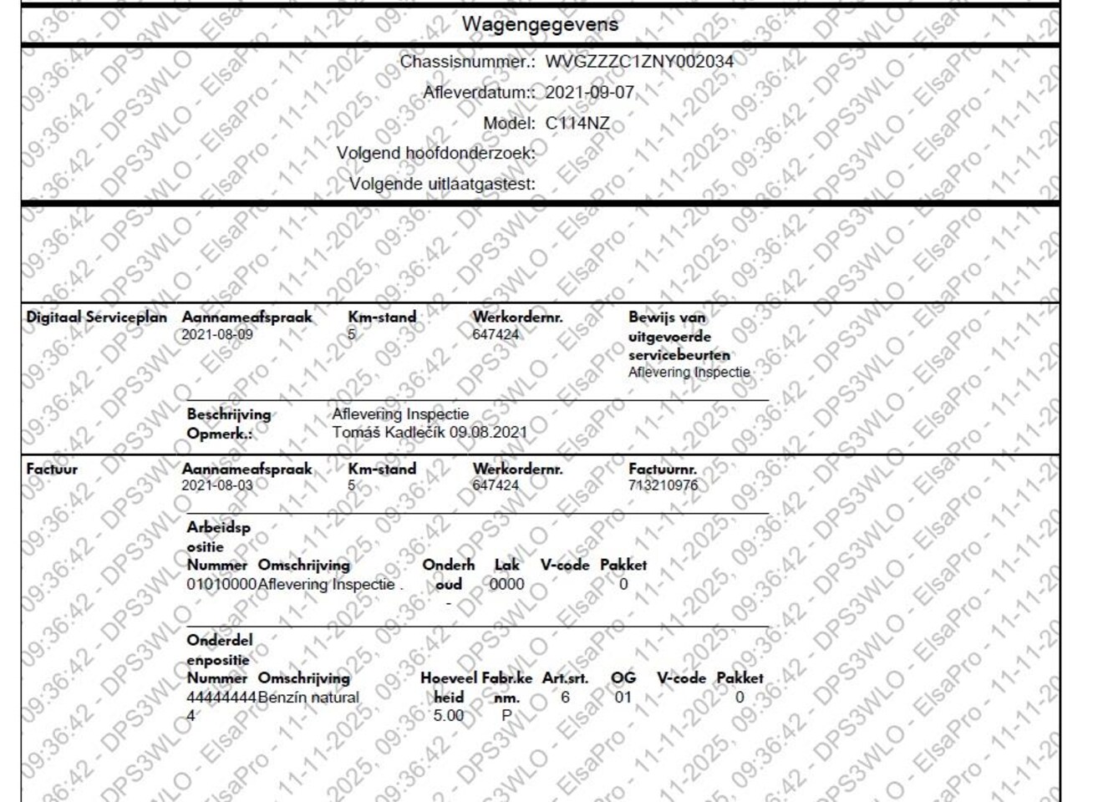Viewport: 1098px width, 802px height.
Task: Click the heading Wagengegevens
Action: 540,24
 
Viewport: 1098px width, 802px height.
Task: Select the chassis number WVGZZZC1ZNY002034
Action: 639,62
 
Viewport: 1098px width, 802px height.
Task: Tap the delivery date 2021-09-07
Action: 589,93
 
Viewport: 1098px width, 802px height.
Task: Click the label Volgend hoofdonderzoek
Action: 435,154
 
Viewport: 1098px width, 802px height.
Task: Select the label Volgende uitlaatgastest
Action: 442,184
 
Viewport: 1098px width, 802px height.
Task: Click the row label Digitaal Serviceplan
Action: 96,317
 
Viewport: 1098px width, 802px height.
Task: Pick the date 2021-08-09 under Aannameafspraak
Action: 217,335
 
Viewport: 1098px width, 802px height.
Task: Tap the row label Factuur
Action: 52,469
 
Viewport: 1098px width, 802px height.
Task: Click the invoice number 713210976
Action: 663,485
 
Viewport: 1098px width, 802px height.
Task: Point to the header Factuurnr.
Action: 662,470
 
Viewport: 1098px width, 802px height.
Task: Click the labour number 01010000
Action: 221,585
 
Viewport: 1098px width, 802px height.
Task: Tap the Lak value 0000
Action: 506,585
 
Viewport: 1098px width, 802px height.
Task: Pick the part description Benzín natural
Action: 308,698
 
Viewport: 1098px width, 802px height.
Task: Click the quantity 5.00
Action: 448,716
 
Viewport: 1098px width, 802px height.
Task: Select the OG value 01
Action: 623,698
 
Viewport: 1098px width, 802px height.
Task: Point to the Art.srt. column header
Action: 565,678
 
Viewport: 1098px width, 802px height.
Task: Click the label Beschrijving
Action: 229,414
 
